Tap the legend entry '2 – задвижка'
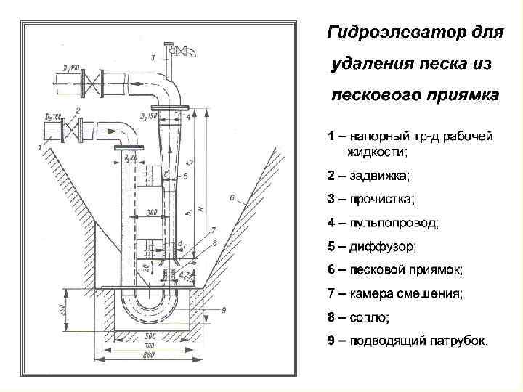[x=368, y=175]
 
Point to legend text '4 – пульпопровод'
[x=383, y=223]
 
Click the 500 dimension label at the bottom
[x=150, y=339]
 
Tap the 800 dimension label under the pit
[x=150, y=356]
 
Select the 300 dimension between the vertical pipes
[x=152, y=213]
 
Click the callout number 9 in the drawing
[x=224, y=310]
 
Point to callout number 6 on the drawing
[x=230, y=197]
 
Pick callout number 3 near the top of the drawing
[x=153, y=57]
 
